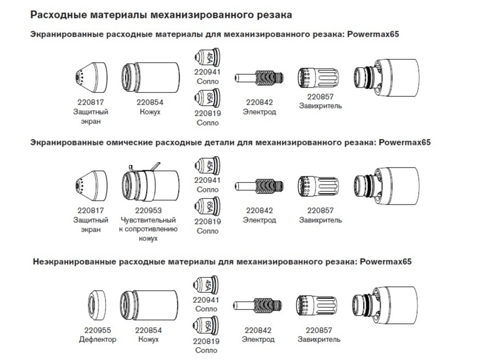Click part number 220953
pyautogui.click(x=148, y=210)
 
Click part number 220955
pyautogui.click(x=98, y=330)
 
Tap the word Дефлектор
pyautogui.click(x=98, y=340)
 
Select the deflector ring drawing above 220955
pyautogui.click(x=97, y=305)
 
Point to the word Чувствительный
pyautogui.click(x=148, y=220)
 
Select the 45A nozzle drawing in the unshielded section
pyautogui.click(x=205, y=285)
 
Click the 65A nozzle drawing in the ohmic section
pyautogui.click(x=207, y=206)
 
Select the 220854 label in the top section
pyautogui.click(x=150, y=102)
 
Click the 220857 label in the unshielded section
pyautogui.click(x=319, y=330)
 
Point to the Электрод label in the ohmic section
pyautogui.click(x=259, y=220)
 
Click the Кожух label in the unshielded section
pyautogui.click(x=148, y=340)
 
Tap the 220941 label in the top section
pyautogui.click(x=207, y=72)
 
